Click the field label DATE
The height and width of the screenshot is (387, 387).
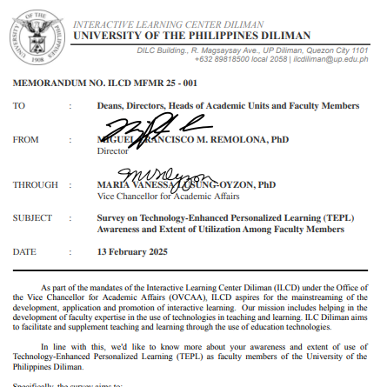[x=23, y=251]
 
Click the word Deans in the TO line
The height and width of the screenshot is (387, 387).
[x=111, y=105]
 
